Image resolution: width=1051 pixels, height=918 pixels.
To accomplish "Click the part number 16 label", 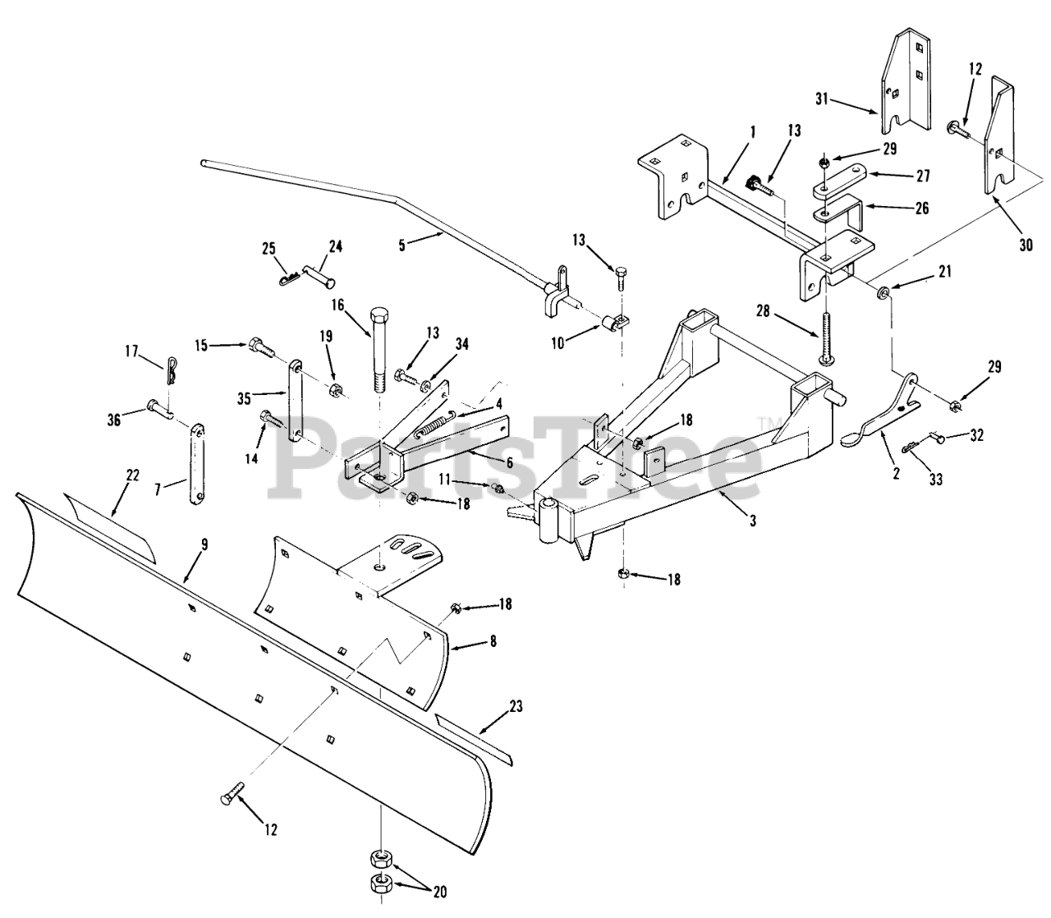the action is (x=337, y=305).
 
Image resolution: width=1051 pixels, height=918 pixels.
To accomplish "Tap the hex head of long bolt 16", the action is (x=379, y=315).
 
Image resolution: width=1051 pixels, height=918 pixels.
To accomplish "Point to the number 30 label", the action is (x=1026, y=245).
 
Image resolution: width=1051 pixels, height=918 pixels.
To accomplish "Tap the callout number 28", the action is (x=764, y=311).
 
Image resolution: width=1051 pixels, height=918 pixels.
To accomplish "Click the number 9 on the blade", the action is (x=204, y=544).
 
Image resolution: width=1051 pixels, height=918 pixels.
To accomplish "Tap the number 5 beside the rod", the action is (x=402, y=245).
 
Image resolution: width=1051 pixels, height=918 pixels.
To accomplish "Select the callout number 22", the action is (x=132, y=475).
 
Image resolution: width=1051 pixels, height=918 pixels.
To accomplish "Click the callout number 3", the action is (x=753, y=521).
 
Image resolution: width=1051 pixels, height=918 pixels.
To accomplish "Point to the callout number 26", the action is (x=922, y=208).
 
